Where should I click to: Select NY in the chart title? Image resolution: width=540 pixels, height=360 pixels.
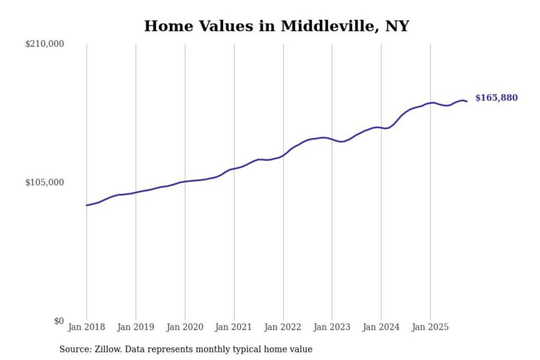pyautogui.click(x=397, y=26)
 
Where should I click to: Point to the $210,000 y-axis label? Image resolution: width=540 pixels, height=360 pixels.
pyautogui.click(x=45, y=44)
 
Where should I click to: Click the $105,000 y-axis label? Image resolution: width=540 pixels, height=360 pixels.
pyautogui.click(x=45, y=183)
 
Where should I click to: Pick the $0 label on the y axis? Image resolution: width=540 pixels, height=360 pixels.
pyautogui.click(x=59, y=321)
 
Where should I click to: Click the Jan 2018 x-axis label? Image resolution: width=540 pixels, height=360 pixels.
pyautogui.click(x=87, y=327)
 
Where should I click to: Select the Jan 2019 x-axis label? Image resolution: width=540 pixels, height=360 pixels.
pyautogui.click(x=136, y=327)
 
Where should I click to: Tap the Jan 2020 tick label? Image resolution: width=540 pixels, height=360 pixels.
pyautogui.click(x=185, y=327)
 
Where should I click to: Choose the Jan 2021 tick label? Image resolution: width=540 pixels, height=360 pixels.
pyautogui.click(x=233, y=327)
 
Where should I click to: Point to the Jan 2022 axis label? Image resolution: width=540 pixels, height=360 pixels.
pyautogui.click(x=283, y=327)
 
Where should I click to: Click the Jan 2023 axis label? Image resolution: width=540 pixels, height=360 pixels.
pyautogui.click(x=332, y=327)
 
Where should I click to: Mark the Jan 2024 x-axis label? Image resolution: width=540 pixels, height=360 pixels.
pyautogui.click(x=381, y=327)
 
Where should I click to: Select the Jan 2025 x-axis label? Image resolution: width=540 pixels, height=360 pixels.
pyautogui.click(x=430, y=327)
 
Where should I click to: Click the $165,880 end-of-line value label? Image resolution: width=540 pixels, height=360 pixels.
pyautogui.click(x=496, y=98)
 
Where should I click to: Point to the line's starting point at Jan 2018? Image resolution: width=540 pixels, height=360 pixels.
pyautogui.click(x=87, y=205)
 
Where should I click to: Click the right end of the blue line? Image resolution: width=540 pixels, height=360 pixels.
pyautogui.click(x=467, y=101)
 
